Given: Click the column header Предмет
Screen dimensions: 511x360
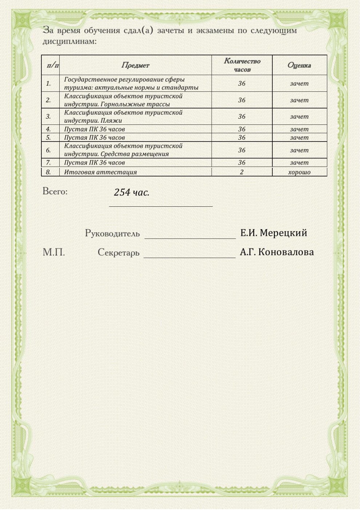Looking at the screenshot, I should pos(135,66).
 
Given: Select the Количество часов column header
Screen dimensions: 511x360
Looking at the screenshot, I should pos(242,65).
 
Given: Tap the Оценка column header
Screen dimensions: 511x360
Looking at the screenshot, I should pos(299,66).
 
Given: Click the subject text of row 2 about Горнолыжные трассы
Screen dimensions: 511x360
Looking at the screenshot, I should pos(123,100).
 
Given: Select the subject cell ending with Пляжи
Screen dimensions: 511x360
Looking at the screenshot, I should pos(123,116).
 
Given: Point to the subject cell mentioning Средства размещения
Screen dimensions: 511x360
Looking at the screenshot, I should pos(123,150).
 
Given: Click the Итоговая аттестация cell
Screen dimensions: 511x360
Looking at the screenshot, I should pos(100,172).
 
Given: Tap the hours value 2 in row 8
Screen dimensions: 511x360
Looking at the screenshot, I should pos(241,172).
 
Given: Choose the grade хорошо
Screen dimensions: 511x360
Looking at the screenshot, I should pos(299,172).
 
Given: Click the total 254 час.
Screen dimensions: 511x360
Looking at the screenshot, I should pos(132,193).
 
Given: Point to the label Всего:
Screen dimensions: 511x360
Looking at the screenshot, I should pos(55,191).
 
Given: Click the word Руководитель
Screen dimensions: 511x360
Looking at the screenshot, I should pos(112,233).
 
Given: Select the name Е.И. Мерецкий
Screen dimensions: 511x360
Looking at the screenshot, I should pos(273,233).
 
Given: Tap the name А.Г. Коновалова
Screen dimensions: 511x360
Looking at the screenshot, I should pos(277,252).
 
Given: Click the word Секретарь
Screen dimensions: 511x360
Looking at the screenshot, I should pos(118,253).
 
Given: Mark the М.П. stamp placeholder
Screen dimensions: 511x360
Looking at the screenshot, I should pos(54,252).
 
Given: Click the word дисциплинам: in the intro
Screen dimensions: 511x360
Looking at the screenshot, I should pos(69,41).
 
